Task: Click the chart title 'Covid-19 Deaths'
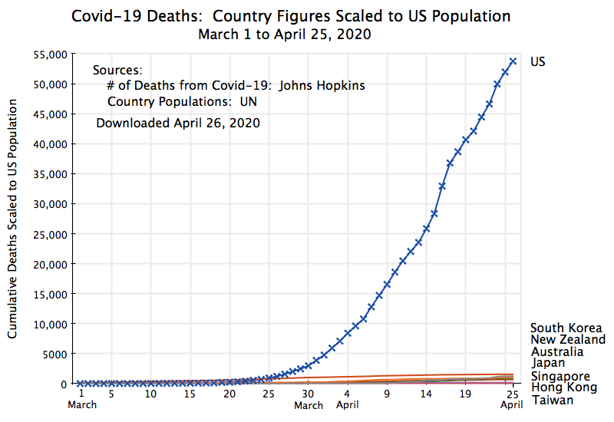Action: coord(127,16)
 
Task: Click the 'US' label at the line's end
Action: coord(538,61)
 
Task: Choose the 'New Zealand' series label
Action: coord(568,339)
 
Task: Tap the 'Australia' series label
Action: coord(556,351)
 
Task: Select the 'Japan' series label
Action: coord(548,363)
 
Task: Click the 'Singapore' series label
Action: coord(560,376)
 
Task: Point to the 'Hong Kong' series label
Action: coord(563,387)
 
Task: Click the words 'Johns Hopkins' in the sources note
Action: coord(322,86)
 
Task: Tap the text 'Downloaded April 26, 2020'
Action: coord(178,123)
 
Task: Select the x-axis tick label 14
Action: coord(426,394)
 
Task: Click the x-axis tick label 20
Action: coord(229,394)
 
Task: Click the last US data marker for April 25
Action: coord(513,61)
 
